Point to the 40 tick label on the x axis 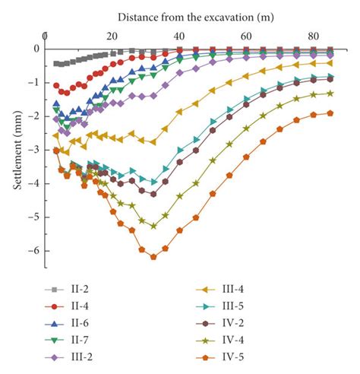[178, 36]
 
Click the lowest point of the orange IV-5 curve [153, 257]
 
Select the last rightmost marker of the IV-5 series [330, 113]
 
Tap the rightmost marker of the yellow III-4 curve [330, 63]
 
